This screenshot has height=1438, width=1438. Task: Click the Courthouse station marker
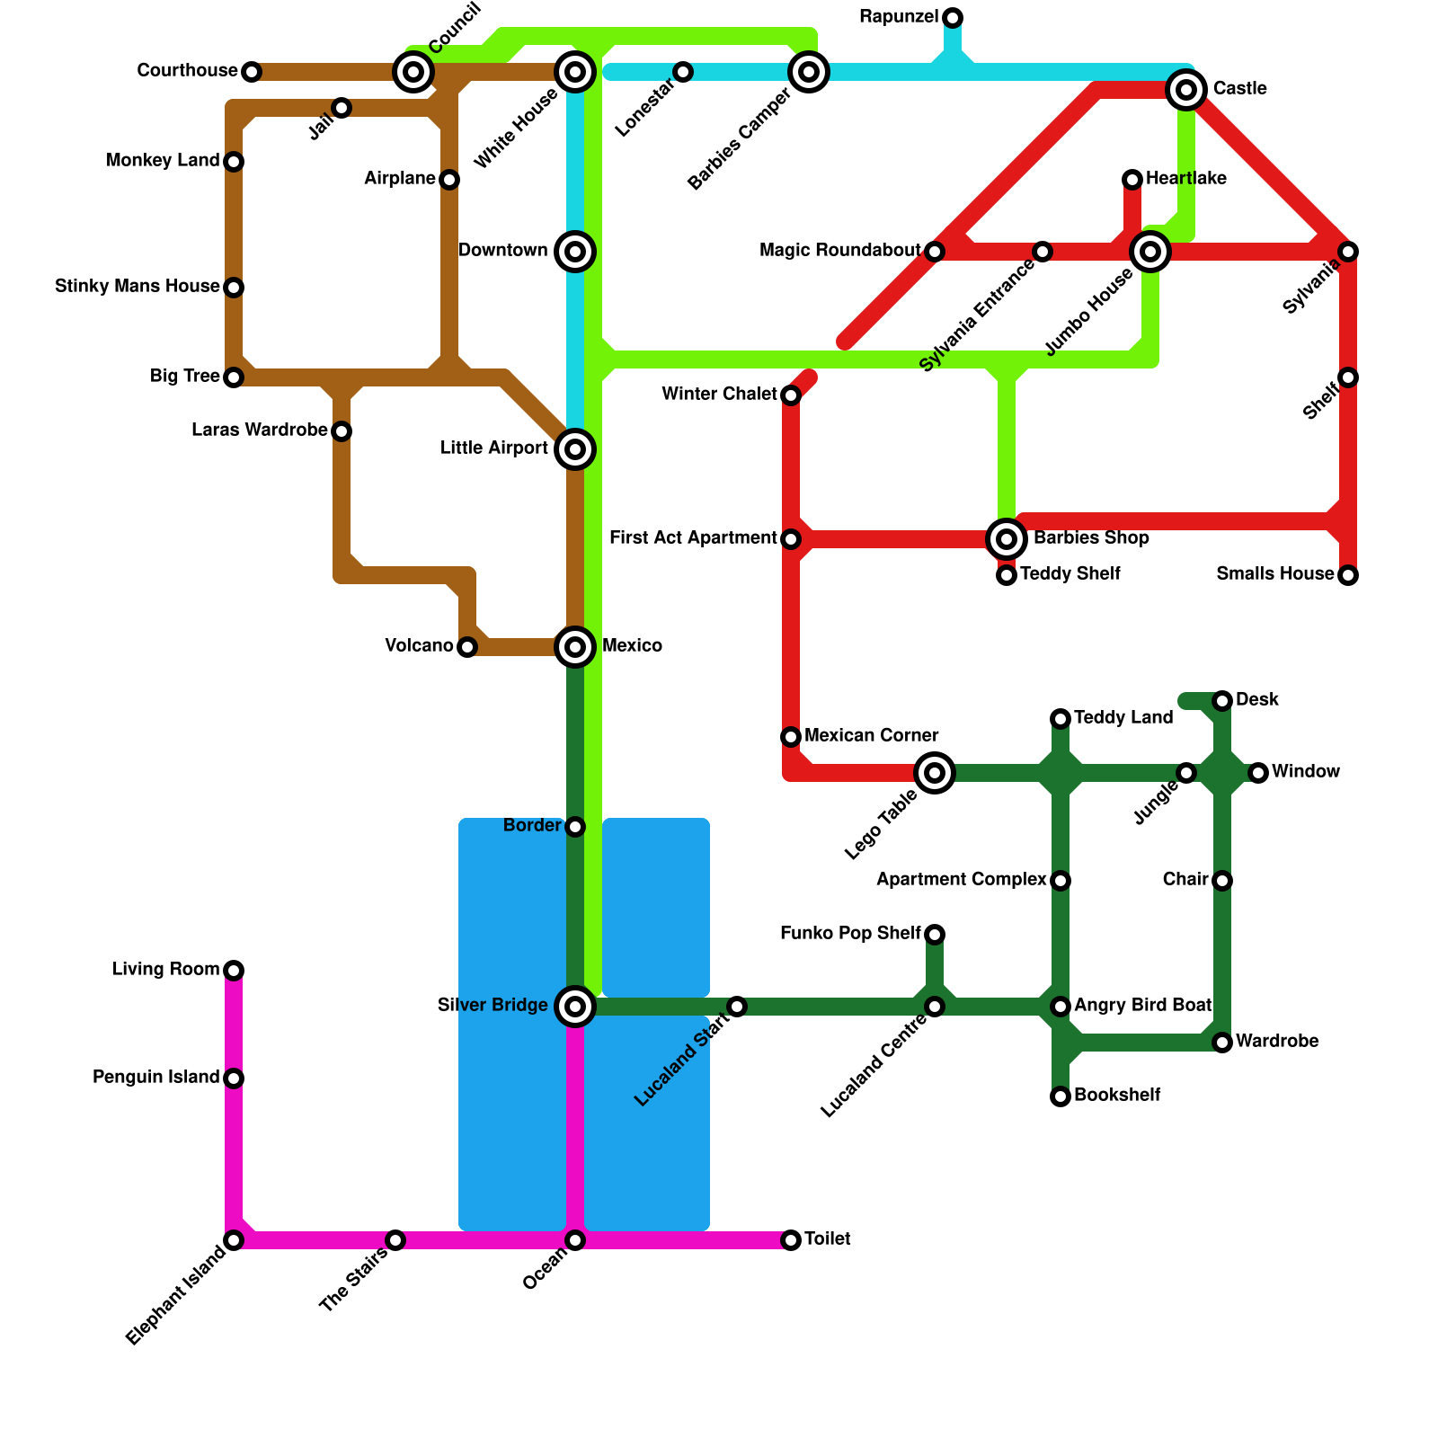coord(252,72)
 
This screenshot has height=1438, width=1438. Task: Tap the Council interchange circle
coord(413,72)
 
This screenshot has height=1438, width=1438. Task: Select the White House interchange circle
coord(575,72)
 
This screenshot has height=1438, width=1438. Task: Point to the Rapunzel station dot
coord(953,18)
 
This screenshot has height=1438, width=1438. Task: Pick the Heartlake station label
coord(1185,179)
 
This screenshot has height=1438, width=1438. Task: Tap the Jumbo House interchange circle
coord(1150,252)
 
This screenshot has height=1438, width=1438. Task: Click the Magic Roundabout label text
coord(839,251)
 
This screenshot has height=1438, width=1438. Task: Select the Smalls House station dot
coord(1348,575)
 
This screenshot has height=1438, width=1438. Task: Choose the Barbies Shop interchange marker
coord(1007,539)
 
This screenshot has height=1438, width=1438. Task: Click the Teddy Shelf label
coord(1070,574)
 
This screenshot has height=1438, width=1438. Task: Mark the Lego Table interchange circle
coord(935,773)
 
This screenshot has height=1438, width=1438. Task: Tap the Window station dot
coord(1258,773)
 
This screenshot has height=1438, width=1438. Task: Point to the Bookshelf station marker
coord(1061,1096)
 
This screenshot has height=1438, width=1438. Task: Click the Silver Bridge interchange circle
coord(575,1007)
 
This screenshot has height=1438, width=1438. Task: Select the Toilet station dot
coord(791,1240)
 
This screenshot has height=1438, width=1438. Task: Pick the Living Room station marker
coord(234,971)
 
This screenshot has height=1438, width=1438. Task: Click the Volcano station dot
coord(467,647)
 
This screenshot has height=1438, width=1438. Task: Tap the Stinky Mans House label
coord(137,287)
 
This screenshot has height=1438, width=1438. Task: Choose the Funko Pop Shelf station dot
coord(935,935)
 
